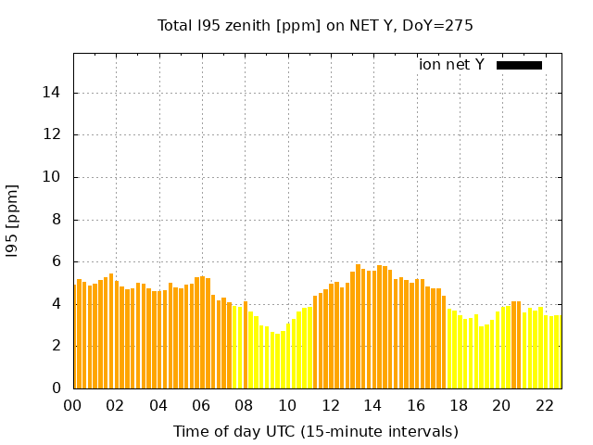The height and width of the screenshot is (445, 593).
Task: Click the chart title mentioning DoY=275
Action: click(315, 26)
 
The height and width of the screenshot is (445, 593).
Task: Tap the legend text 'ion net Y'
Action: click(451, 65)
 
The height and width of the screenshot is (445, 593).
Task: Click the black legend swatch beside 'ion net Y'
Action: click(519, 65)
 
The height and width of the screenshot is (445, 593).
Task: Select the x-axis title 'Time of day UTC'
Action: click(315, 431)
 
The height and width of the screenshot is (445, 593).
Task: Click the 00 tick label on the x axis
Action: click(72, 405)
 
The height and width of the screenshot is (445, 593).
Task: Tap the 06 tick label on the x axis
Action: click(201, 405)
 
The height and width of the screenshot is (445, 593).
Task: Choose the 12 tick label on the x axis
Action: click(330, 405)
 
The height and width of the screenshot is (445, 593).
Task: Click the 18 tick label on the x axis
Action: click(459, 405)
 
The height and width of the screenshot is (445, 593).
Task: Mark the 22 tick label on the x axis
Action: click(544, 405)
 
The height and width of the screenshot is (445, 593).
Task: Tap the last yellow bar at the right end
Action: click(558, 352)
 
